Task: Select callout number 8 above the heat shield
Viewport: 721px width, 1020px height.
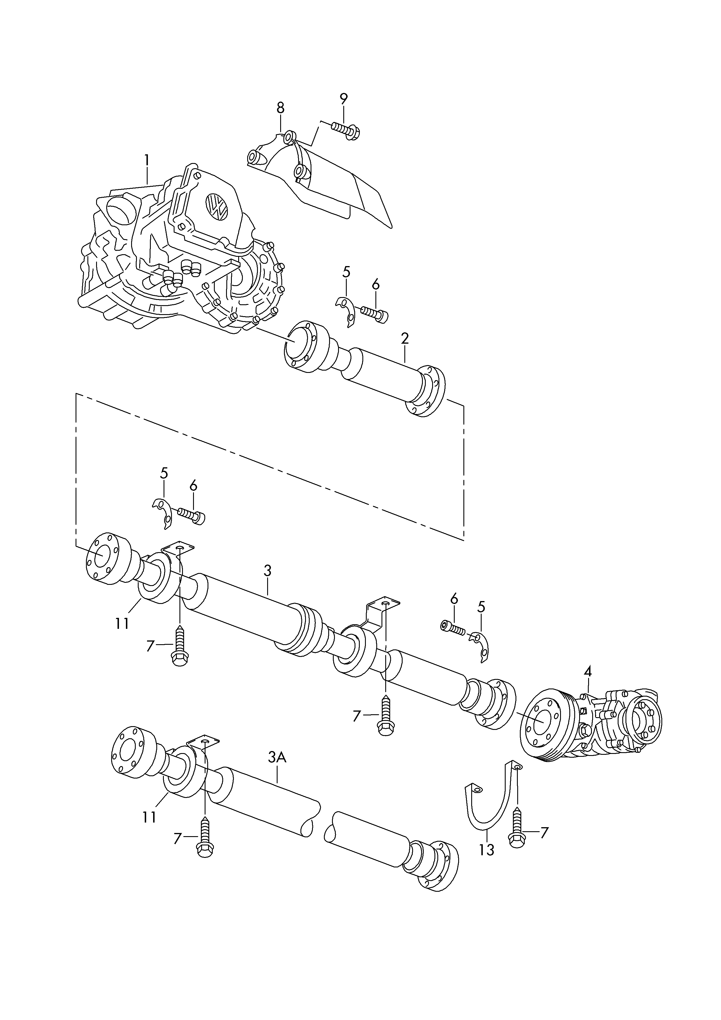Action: pyautogui.click(x=280, y=108)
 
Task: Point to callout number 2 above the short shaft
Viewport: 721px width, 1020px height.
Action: pyautogui.click(x=405, y=339)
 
